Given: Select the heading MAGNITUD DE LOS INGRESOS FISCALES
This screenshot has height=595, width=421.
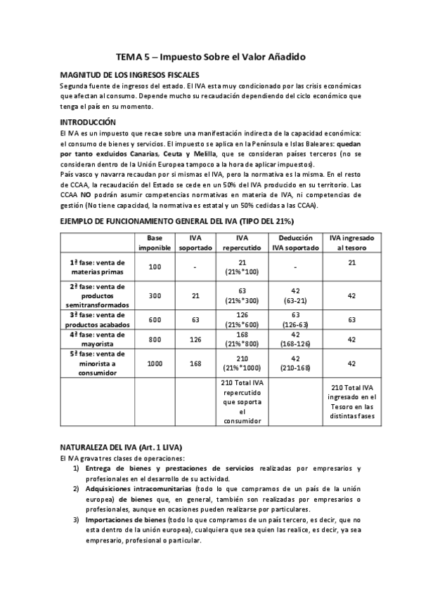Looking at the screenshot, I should coord(129,74).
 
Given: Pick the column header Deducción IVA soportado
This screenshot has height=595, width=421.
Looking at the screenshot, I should coord(297,243).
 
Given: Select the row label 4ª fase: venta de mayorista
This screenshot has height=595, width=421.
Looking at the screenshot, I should coord(97,339).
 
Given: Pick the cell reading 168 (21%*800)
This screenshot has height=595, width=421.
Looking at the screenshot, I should coord(242,339).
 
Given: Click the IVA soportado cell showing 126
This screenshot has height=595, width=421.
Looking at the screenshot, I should coord(195,339).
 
